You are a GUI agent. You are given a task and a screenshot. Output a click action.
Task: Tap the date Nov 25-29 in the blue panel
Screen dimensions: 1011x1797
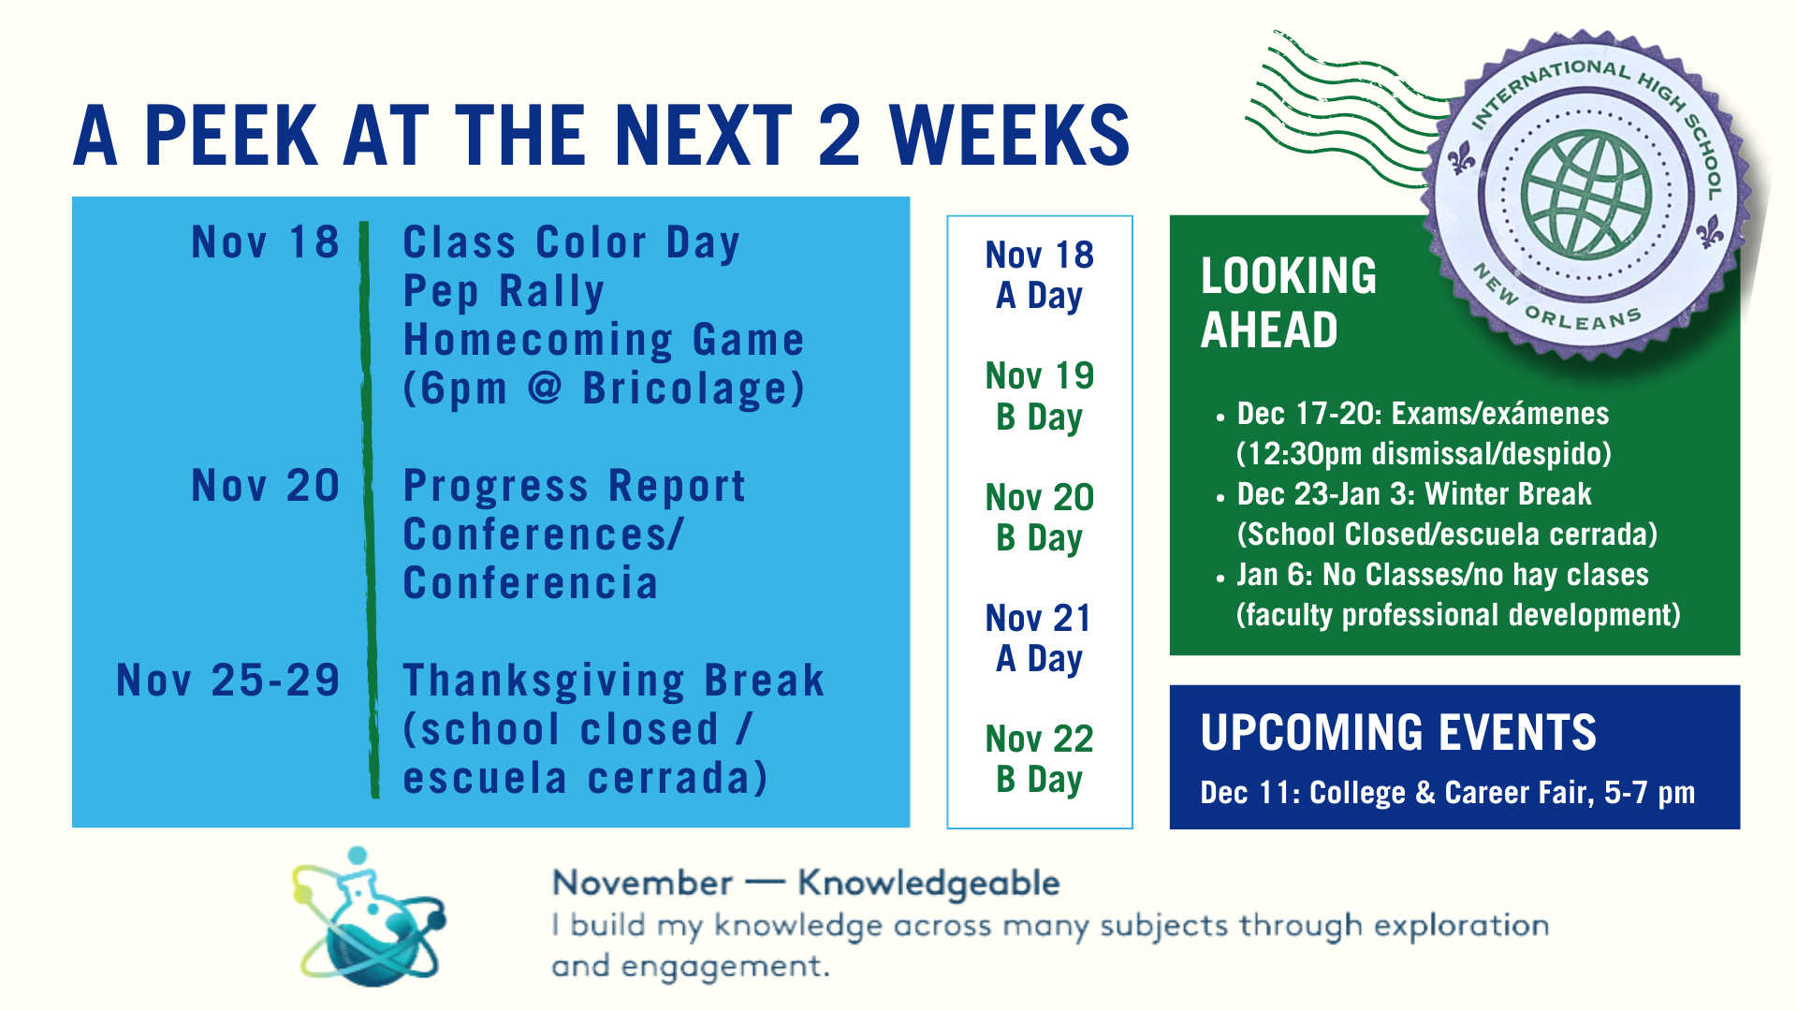tap(227, 681)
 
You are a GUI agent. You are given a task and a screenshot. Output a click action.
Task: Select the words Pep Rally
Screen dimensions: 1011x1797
tap(504, 291)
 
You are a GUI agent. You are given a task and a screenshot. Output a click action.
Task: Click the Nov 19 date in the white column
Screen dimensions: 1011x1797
tap(1039, 376)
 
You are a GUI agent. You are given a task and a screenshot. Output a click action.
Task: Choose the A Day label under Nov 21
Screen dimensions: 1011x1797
tap(1039, 659)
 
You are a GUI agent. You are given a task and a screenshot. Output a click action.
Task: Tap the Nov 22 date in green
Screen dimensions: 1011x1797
tap(1039, 740)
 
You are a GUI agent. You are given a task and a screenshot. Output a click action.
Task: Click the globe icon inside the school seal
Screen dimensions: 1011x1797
tap(1585, 195)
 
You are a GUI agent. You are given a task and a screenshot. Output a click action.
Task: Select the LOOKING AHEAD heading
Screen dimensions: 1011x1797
tap(1288, 302)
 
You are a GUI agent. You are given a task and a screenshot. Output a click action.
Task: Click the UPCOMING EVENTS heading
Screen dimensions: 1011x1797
tap(1398, 732)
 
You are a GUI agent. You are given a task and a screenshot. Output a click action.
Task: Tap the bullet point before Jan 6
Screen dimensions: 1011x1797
tap(1220, 579)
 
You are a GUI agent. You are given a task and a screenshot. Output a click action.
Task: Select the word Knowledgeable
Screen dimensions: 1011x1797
tap(928, 883)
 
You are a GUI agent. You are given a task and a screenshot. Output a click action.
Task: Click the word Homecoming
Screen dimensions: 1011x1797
tap(537, 340)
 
